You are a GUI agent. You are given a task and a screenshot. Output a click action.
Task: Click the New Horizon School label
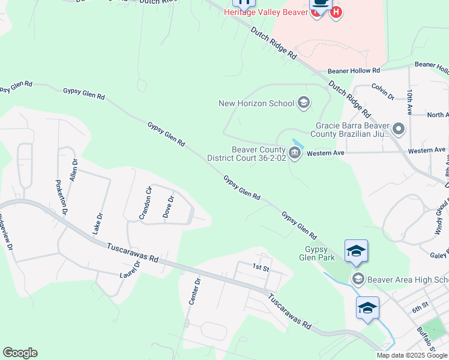tap(256, 103)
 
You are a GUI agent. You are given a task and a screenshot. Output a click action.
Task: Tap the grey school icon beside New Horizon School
tap(304, 103)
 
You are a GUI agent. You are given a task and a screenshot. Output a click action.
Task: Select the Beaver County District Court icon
tap(295, 153)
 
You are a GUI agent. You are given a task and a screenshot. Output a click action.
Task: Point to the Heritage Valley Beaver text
tap(264, 12)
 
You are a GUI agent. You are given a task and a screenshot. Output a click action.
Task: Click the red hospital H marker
tap(336, 11)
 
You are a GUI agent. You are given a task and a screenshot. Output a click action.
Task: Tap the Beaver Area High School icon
tap(358, 279)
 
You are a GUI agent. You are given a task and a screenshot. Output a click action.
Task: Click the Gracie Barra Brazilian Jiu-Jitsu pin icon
tap(397, 129)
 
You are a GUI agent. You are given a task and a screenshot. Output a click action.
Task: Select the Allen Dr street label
tap(74, 170)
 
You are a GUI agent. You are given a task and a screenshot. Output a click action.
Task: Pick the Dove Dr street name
tap(168, 207)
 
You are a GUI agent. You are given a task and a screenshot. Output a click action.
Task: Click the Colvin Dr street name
tap(382, 91)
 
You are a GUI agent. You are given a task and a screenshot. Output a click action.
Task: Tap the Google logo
tap(20, 353)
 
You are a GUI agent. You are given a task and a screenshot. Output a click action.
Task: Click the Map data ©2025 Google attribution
tap(411, 355)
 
